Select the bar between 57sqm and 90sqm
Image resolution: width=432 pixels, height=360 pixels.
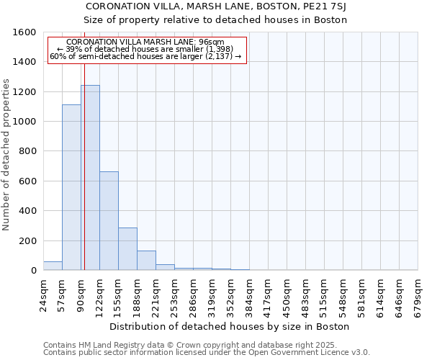[71, 187]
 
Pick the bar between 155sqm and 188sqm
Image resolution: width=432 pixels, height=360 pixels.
[127, 249]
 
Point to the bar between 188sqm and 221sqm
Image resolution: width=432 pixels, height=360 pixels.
[146, 261]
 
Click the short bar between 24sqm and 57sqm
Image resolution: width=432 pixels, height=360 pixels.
[53, 266]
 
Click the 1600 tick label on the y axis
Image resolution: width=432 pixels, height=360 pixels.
[24, 32]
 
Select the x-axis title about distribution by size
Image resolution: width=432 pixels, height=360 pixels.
[230, 326]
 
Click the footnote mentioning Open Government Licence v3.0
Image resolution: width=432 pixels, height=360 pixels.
[207, 353]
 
